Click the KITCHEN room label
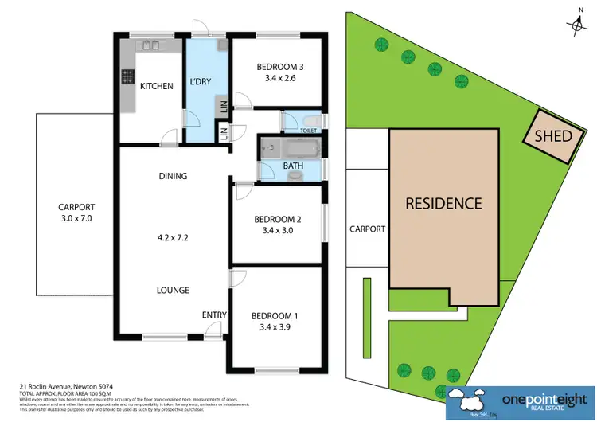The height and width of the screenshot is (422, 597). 156,86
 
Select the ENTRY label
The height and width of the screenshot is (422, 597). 214,315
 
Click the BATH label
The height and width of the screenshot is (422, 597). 293,166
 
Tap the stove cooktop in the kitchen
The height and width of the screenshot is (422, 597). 127,77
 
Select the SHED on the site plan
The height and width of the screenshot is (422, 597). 552,136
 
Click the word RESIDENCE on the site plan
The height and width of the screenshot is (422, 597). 444,203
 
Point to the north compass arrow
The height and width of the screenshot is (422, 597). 577,24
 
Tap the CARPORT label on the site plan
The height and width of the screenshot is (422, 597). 367,229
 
